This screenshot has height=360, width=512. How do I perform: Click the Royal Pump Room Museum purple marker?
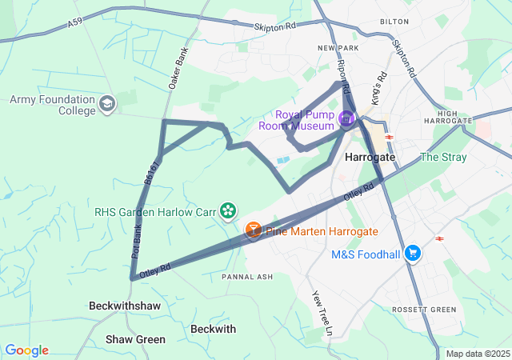tap(346, 120)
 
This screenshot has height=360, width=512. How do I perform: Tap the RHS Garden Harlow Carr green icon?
tap(229, 211)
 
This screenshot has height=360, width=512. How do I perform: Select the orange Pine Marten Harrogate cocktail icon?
tap(253, 230)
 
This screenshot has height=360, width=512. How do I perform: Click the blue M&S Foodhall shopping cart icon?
tap(413, 254)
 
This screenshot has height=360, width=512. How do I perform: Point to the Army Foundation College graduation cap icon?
tap(107, 104)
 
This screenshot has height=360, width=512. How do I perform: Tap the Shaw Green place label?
tap(136, 339)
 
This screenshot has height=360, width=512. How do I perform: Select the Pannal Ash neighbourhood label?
tap(247, 277)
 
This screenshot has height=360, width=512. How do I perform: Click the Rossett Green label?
tap(424, 310)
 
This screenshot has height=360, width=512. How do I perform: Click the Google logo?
tap(26, 350)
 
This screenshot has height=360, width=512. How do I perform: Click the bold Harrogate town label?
tap(370, 158)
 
